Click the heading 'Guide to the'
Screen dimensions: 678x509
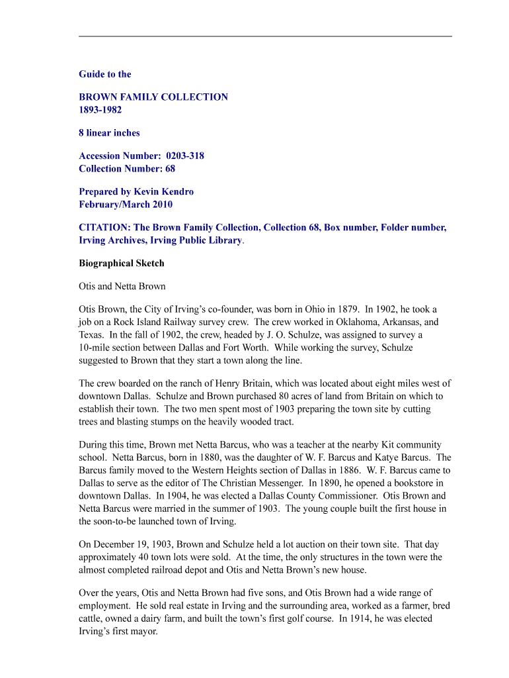[x=105, y=74]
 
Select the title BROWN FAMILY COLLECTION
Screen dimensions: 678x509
[x=153, y=97]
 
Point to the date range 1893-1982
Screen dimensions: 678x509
[x=100, y=110]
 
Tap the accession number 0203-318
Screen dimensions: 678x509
[x=180, y=156]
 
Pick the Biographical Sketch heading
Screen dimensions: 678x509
[x=122, y=264]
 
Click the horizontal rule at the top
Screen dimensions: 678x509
[x=265, y=36]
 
